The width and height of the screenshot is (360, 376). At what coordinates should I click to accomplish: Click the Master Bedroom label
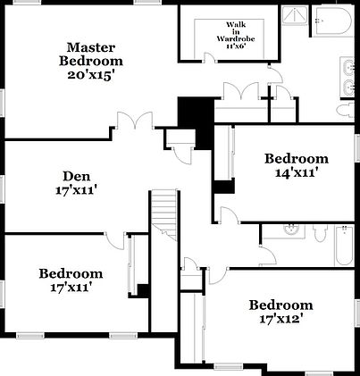[x=91, y=60]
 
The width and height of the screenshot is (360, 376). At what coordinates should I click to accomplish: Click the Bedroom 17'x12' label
[x=280, y=312]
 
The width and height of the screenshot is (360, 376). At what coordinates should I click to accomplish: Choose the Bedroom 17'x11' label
[x=71, y=280]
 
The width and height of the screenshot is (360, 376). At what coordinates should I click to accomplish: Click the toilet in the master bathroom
[x=344, y=108]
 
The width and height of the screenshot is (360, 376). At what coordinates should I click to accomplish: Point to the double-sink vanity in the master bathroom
[x=348, y=77]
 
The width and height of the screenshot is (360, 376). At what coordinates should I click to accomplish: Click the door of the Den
[x=114, y=238]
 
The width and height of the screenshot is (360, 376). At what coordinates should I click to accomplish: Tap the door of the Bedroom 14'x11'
[x=229, y=217]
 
